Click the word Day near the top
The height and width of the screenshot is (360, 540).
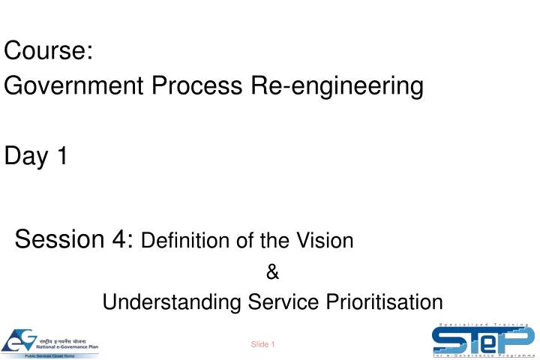(25, 157)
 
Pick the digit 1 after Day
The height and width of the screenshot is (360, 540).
(61, 157)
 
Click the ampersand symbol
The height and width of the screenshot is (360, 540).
(272, 273)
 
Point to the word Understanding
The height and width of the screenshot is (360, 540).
(172, 302)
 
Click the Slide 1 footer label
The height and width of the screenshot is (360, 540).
(263, 344)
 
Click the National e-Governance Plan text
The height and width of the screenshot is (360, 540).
(67, 346)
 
